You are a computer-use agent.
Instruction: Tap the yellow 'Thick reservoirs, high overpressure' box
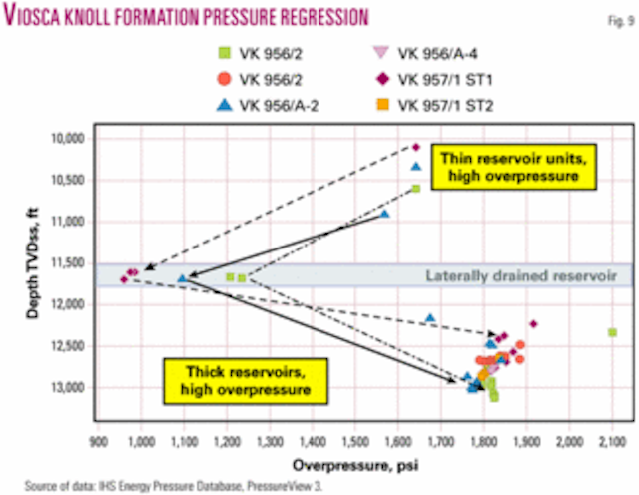[217, 378]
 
